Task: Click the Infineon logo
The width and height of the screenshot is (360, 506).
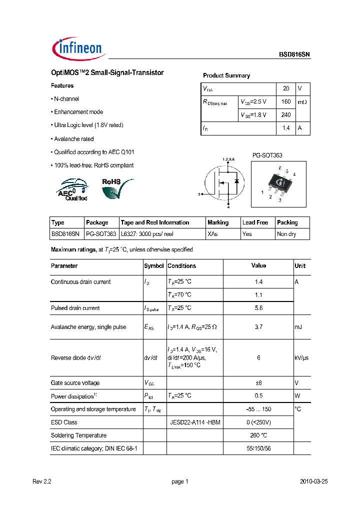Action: click(x=77, y=48)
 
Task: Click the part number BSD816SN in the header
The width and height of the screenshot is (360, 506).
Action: click(x=294, y=55)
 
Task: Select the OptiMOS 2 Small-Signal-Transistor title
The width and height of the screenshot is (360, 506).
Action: click(x=107, y=72)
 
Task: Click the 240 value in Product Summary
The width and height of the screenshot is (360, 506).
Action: click(x=286, y=114)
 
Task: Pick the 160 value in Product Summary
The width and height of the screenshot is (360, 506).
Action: click(x=286, y=101)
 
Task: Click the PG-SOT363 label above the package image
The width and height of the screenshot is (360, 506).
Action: click(x=267, y=155)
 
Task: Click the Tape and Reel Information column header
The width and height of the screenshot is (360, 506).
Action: click(x=155, y=222)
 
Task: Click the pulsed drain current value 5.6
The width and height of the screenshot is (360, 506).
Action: click(x=258, y=308)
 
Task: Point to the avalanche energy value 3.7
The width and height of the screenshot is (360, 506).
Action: click(x=258, y=327)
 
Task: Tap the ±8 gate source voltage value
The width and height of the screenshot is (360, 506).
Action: click(x=258, y=383)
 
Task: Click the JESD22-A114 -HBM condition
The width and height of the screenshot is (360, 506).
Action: click(x=195, y=422)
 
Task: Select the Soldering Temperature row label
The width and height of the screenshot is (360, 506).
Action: click(x=78, y=435)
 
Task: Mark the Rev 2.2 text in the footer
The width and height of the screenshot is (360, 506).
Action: click(x=41, y=481)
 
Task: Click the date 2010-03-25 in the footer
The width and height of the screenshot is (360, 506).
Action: click(x=313, y=481)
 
